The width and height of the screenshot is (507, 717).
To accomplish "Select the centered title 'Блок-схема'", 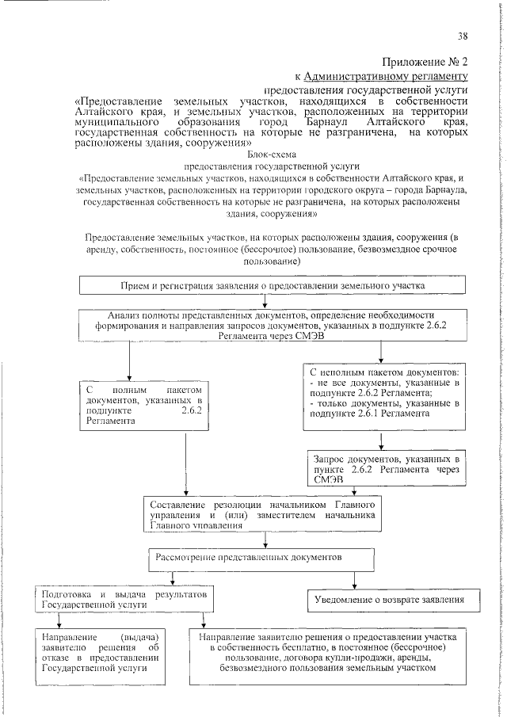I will tap(272, 157).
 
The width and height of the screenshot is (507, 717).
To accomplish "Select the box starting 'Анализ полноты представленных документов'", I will tap(261, 325).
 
